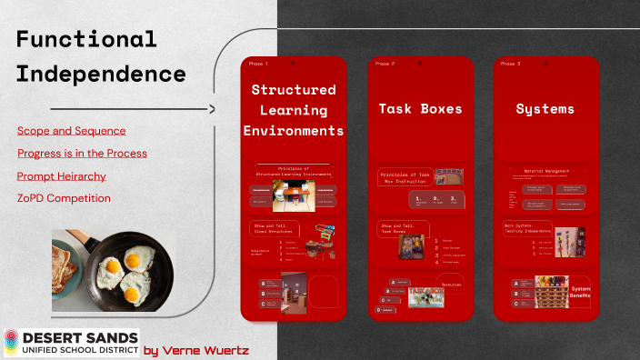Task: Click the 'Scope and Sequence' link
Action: click(x=71, y=131)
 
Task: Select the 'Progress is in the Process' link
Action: click(x=82, y=153)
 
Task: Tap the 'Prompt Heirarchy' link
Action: click(x=61, y=175)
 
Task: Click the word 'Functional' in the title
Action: click(x=86, y=39)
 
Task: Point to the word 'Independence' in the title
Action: click(x=101, y=74)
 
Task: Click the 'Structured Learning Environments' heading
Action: click(x=294, y=110)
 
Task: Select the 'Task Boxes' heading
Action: click(x=420, y=109)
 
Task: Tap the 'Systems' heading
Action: click(x=545, y=109)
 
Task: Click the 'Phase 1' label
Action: click(x=258, y=64)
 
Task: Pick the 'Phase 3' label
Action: click(x=511, y=64)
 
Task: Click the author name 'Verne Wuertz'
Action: click(x=208, y=349)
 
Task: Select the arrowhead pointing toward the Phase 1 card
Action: click(x=211, y=110)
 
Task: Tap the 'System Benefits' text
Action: click(x=581, y=293)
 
